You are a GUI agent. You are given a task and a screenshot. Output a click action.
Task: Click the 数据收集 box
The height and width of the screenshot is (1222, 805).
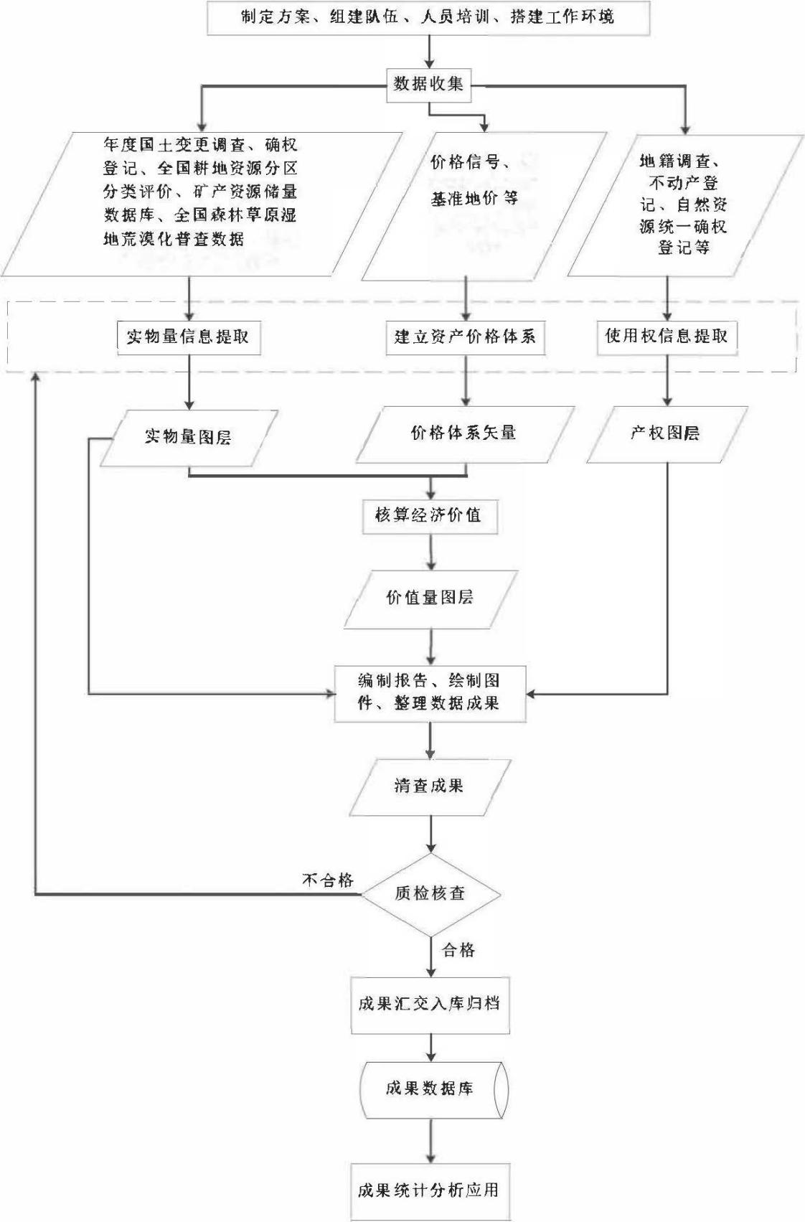coord(428,84)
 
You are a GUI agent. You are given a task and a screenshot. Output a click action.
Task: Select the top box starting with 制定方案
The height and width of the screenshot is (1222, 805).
coord(428,17)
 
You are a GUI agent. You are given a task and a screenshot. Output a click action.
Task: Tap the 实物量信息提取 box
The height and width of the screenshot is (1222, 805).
coord(188,337)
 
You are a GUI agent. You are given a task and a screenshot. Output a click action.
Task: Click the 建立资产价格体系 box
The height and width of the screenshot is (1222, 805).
coord(465,337)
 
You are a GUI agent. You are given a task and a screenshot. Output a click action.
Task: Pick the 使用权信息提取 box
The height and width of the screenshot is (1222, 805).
coord(667,336)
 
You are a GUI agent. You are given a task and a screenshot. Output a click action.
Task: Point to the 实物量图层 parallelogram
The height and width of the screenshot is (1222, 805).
coord(188,436)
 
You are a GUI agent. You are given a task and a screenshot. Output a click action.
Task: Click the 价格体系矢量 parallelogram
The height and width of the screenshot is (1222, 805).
coord(464,433)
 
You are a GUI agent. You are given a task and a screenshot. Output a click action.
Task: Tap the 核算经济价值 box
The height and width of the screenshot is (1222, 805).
coord(428,515)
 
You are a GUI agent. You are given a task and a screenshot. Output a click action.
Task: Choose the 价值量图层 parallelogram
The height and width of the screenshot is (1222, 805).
coord(430,598)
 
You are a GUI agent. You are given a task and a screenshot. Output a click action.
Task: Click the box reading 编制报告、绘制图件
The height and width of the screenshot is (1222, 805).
coord(429,692)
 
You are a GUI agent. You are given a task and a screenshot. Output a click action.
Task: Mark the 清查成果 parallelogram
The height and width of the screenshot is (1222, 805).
coord(429,786)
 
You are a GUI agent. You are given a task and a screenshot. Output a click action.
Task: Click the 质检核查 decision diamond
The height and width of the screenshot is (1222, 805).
coord(430,893)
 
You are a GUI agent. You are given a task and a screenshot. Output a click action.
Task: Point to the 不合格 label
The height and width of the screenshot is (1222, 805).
coord(328,880)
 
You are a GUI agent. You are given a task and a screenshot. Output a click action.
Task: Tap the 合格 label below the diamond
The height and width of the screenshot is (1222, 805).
coord(458,950)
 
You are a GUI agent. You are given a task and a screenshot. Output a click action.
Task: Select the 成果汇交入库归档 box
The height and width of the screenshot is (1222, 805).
coord(429,1003)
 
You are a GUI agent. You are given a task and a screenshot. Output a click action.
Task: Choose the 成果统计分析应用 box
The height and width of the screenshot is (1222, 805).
coord(429,1190)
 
